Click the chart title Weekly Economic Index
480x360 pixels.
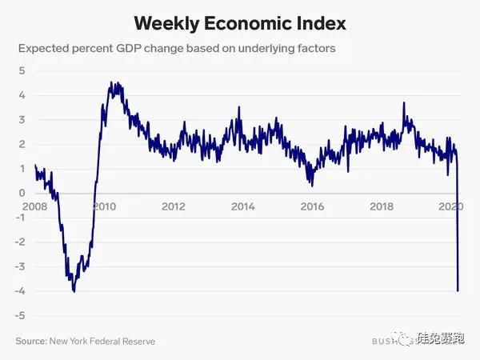(x=239, y=22)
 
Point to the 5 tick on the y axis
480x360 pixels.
(x=22, y=70)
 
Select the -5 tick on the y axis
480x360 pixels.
(x=19, y=315)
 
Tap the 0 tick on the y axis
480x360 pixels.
(x=22, y=193)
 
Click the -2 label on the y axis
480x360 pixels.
(x=19, y=242)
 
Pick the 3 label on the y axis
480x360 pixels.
(x=22, y=119)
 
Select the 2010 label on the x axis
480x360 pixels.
(x=105, y=206)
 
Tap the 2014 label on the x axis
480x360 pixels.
(x=242, y=206)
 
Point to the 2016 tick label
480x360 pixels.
(x=312, y=206)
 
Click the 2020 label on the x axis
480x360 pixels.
(x=451, y=206)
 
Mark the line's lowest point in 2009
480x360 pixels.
(x=74, y=291)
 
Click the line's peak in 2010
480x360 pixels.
(x=113, y=82)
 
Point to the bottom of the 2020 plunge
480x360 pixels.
(x=458, y=290)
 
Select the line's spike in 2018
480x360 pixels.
(x=403, y=103)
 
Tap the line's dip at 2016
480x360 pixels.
(x=311, y=185)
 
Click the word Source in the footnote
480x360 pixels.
(x=31, y=342)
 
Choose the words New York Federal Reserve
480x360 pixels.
(x=102, y=342)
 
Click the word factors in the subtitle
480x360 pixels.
(x=313, y=49)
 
